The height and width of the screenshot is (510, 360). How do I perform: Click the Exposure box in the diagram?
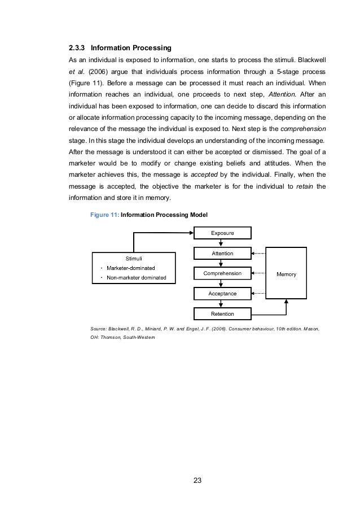(222, 233)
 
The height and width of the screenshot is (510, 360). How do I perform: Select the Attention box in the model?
(222, 254)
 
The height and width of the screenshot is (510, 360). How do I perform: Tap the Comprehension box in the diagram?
(222, 274)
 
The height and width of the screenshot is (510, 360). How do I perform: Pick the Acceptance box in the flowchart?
(222, 294)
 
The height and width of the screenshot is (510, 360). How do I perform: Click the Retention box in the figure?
(222, 313)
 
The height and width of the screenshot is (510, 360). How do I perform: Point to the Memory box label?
(287, 274)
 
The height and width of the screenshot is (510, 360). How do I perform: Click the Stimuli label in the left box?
(133, 259)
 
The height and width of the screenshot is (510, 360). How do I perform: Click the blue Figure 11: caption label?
(104, 215)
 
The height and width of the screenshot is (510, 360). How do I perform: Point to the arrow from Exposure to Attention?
(222, 243)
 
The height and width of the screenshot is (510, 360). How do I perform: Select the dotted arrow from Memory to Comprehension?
(258, 274)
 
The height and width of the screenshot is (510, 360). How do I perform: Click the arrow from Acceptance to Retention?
(222, 304)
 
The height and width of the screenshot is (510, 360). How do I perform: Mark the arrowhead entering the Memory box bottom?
(287, 302)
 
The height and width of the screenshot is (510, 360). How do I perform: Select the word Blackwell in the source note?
(122, 328)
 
